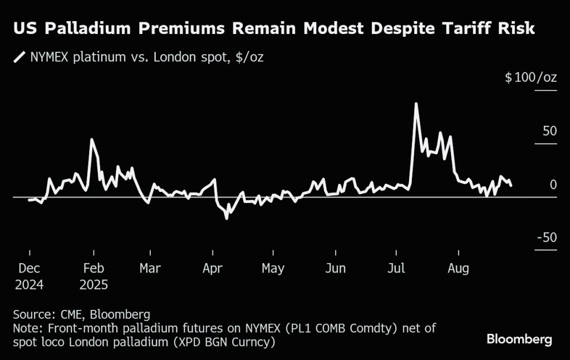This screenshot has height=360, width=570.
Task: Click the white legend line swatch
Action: pyautogui.click(x=21, y=57)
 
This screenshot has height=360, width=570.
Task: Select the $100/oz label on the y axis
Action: pyautogui.click(x=530, y=77)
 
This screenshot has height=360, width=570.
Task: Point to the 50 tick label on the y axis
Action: pyautogui.click(x=549, y=131)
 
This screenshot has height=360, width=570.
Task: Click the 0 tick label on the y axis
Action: pyautogui.click(x=553, y=185)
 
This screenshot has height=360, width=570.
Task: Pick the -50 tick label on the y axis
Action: pyautogui.click(x=547, y=238)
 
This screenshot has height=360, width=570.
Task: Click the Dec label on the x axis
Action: pyautogui.click(x=29, y=268)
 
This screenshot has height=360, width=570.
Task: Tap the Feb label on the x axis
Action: pyautogui.click(x=94, y=268)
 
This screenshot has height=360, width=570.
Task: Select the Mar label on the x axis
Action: pyautogui.click(x=150, y=268)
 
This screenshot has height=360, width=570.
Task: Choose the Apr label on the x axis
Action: pyautogui.click(x=213, y=268)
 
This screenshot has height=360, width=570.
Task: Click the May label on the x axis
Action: pyautogui.click(x=273, y=268)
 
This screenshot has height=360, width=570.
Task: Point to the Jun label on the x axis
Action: pyautogui.click(x=335, y=268)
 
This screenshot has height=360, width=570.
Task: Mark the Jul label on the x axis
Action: pyautogui.click(x=396, y=268)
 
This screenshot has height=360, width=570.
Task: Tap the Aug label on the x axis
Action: pyautogui.click(x=458, y=268)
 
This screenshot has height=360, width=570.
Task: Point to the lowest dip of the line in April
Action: pyautogui.click(x=227, y=219)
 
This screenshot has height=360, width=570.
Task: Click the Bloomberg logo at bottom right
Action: pyautogui.click(x=519, y=338)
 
